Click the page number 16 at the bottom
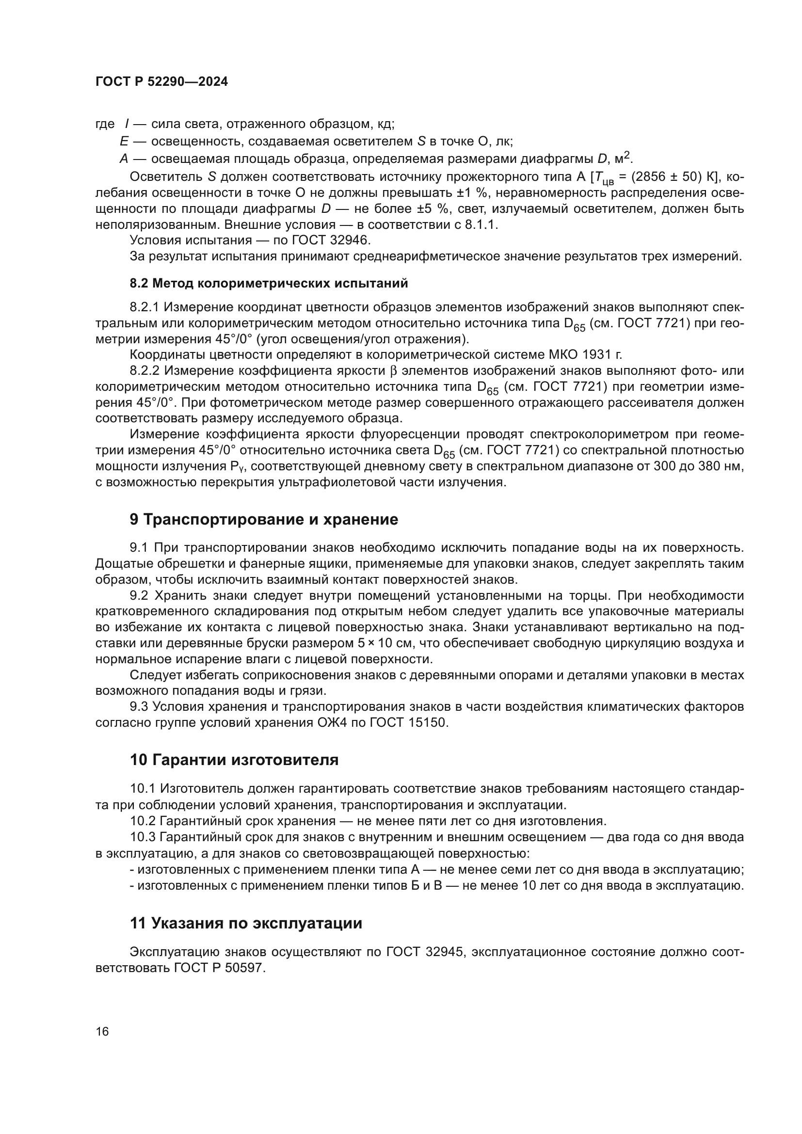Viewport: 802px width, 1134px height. pyautogui.click(x=102, y=1032)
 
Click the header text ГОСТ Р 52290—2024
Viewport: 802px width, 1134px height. pyautogui.click(x=161, y=82)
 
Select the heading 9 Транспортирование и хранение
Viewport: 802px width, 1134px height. pyautogui.click(x=264, y=520)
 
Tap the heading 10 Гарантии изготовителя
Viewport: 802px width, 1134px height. pyautogui.click(x=234, y=760)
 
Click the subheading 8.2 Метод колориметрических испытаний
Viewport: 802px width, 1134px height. pyautogui.click(x=269, y=284)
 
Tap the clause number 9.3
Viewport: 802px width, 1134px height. pyautogui.click(x=139, y=707)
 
